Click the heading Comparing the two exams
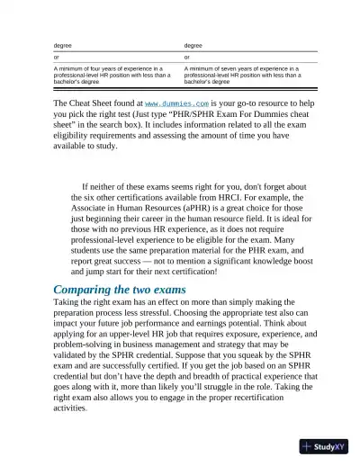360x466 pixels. pos(120,289)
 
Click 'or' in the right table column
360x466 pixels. pos(187,57)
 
